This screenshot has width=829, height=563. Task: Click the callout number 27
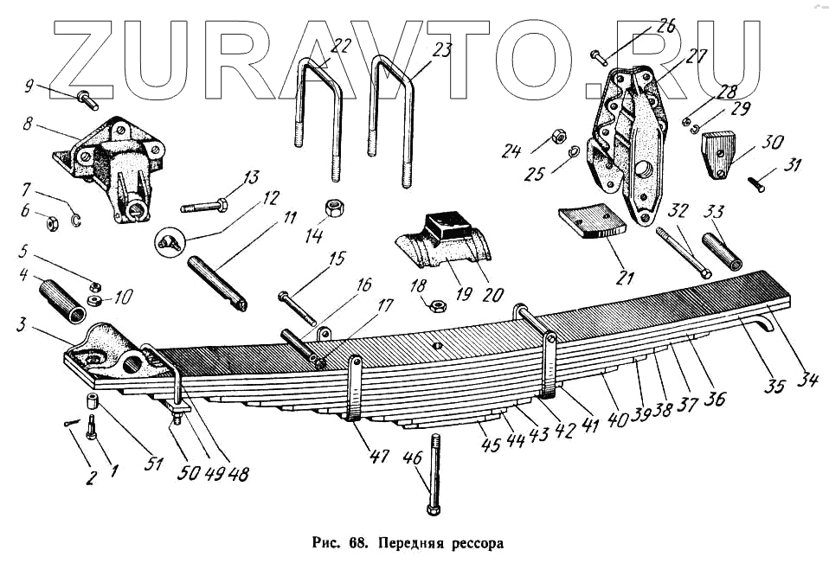coord(697,57)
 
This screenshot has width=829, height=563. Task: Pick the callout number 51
coord(154,464)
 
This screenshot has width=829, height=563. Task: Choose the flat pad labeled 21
coord(591,221)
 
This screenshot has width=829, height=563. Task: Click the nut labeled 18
coord(437,304)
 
